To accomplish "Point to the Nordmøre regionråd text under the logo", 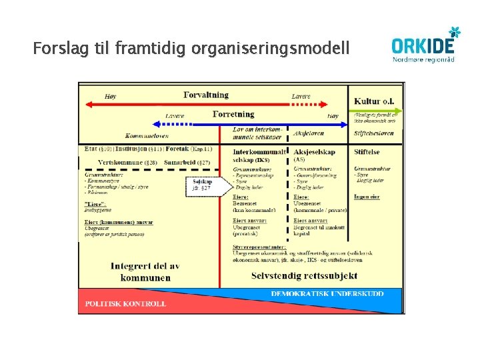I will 424,59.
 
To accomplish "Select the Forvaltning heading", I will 205,95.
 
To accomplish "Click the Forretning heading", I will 233,114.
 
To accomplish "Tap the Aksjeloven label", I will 310,133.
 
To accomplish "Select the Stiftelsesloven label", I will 373,133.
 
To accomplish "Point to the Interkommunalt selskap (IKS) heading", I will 261,155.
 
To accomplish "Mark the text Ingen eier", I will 367,197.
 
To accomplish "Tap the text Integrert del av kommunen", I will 145,271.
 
